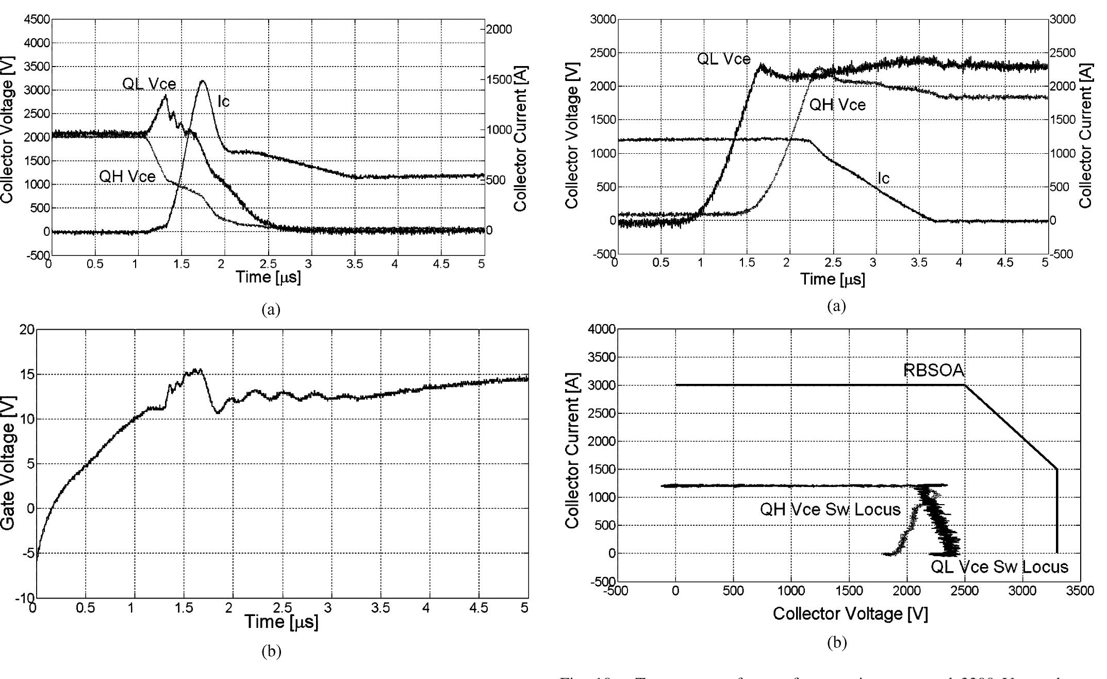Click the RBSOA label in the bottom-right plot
(x=933, y=370)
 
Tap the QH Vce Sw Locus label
(x=830, y=510)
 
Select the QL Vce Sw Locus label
(x=999, y=567)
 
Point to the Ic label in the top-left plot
(x=223, y=102)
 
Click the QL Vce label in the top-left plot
(x=149, y=84)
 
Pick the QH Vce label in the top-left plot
(x=127, y=177)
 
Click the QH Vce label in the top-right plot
(x=837, y=105)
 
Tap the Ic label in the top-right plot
(x=883, y=179)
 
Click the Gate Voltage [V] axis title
(x=8, y=463)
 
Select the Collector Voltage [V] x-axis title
(x=850, y=613)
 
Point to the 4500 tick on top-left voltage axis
(x=36, y=20)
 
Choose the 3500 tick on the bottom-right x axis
(x=1080, y=591)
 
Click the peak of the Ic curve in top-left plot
(x=202, y=80)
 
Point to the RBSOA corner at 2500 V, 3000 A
(x=965, y=385)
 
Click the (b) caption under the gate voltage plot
(x=271, y=653)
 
